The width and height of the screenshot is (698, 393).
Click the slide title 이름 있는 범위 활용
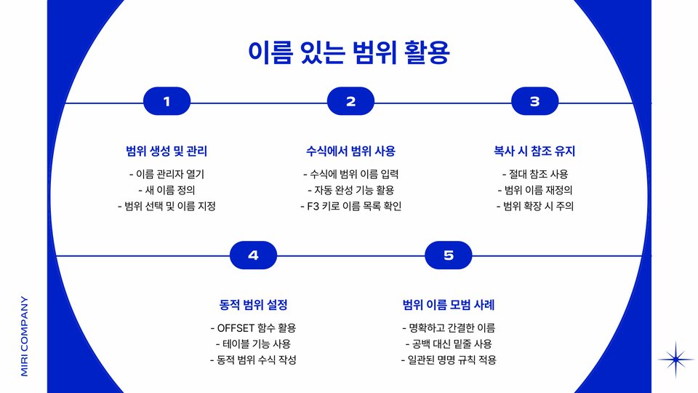[349, 53]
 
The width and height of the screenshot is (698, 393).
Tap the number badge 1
[167, 102]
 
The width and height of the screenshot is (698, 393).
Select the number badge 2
[350, 102]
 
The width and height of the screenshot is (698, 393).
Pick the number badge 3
[534, 102]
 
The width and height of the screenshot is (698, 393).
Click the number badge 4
[253, 255]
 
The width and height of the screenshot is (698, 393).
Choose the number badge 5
[449, 255]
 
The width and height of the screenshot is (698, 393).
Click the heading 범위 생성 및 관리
[167, 151]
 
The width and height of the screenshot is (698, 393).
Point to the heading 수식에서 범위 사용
[350, 151]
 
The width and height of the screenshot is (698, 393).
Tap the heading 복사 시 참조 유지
[534, 151]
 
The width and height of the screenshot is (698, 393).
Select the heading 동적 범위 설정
[253, 305]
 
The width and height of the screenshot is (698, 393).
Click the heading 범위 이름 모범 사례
[449, 305]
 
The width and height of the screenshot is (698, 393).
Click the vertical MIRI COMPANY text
[24, 336]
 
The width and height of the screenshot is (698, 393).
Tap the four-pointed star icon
[676, 359]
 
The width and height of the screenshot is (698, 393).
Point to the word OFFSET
[237, 328]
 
